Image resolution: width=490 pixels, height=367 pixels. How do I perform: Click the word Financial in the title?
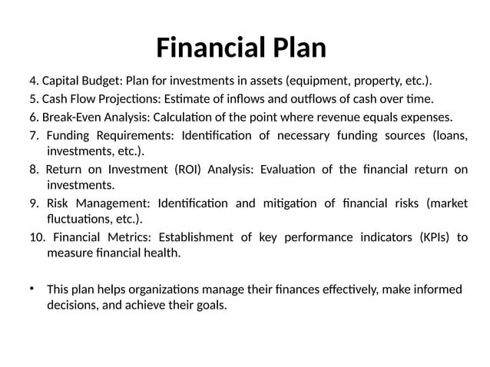pyautogui.click(x=206, y=48)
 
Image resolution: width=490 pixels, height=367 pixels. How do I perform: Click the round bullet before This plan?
pyautogui.click(x=32, y=289)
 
